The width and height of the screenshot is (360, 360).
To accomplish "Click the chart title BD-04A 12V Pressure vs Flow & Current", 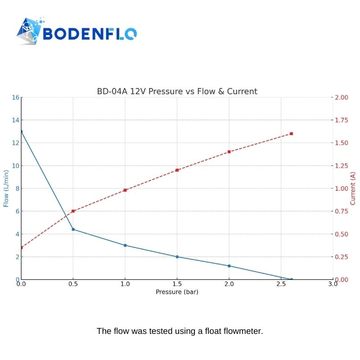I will click(x=177, y=91).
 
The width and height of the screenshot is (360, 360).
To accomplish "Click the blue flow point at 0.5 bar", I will click(x=73, y=229).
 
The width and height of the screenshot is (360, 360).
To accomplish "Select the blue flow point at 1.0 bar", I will click(x=125, y=245).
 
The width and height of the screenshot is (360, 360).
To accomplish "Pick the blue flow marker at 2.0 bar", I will click(x=229, y=266).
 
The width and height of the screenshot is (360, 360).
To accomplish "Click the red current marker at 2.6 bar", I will click(x=291, y=134).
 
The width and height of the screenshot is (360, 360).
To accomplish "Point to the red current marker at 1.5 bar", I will click(x=177, y=170).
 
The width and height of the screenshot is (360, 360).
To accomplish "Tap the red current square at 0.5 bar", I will click(x=73, y=211).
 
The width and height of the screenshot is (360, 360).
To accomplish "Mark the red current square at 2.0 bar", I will click(x=229, y=152).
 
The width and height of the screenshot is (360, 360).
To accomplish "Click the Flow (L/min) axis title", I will click(x=6, y=189).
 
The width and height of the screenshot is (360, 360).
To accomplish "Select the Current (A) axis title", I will click(x=353, y=189).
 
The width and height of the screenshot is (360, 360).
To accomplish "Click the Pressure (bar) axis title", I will click(x=177, y=292).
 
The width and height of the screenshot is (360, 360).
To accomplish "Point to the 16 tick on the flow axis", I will click(x=15, y=97).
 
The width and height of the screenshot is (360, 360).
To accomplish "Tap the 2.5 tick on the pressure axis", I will click(x=281, y=284).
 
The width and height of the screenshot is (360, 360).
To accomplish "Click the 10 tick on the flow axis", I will click(x=15, y=166).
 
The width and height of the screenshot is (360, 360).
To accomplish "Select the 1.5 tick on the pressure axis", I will click(x=177, y=284).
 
